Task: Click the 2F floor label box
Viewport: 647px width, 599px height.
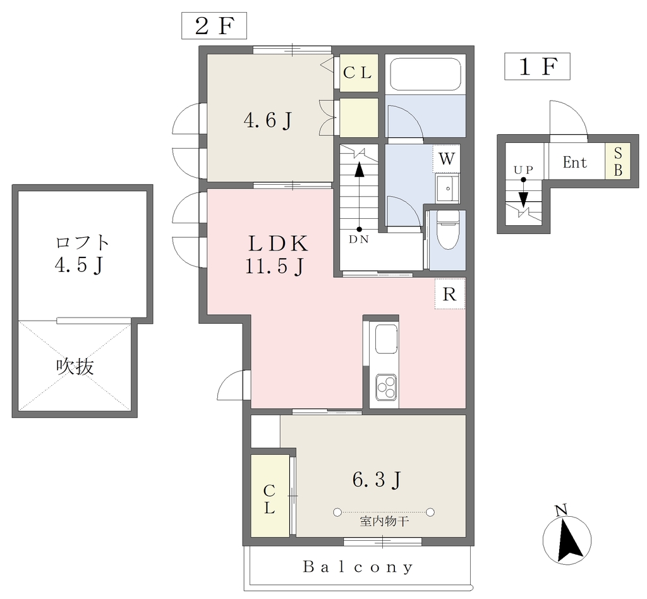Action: coord(214,25)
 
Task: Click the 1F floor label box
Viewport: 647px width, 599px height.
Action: coord(537,66)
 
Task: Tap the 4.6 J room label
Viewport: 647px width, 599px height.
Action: coord(268,121)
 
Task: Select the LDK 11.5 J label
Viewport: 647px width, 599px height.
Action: coord(277,254)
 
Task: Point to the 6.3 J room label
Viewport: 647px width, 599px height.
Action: coord(377,479)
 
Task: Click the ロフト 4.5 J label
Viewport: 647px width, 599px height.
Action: coord(82,254)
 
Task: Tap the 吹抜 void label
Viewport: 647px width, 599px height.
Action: coord(75,366)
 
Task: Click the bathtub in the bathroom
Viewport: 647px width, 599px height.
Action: coord(425,74)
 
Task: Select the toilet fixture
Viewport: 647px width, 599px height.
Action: coord(447,229)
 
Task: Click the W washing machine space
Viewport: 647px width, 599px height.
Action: coord(447,159)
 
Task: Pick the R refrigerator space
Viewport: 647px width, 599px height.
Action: coord(449,293)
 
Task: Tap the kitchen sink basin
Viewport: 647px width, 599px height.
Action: coord(387,339)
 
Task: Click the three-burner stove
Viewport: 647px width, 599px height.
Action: coord(387,387)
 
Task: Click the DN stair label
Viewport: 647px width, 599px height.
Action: coord(359,239)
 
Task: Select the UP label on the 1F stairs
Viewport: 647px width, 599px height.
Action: coord(523,170)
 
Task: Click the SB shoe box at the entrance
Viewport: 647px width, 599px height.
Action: coord(618,161)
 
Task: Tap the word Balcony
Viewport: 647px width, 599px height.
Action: coord(358,567)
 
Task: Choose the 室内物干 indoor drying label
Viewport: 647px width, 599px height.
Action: coord(384,521)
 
